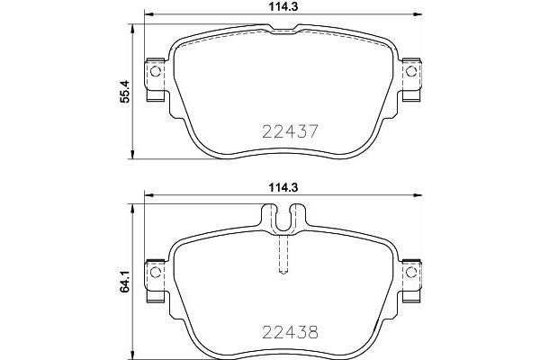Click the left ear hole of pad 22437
point(154,73)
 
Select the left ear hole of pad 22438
point(154,269)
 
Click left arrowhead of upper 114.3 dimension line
point(149,15)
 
